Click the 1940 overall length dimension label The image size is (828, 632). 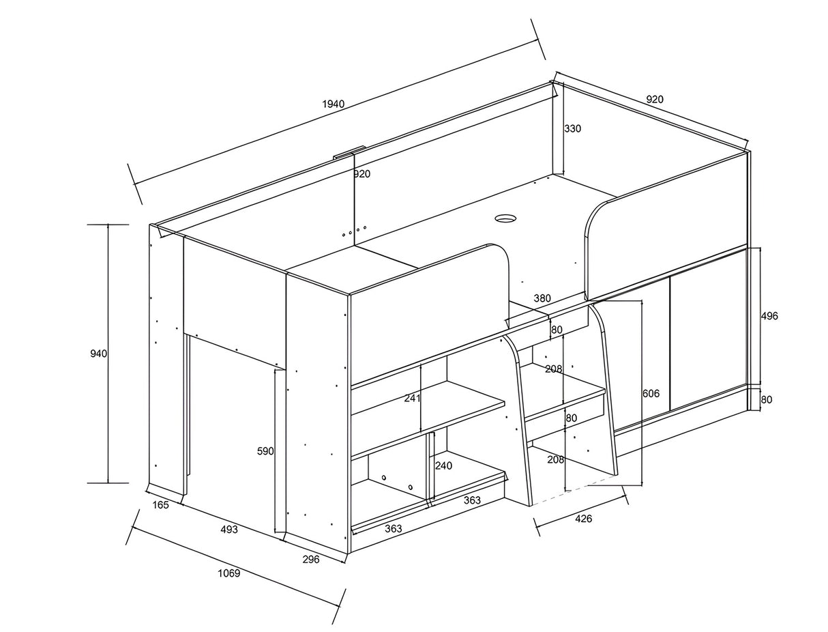coord(334,104)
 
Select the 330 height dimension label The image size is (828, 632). coord(572,128)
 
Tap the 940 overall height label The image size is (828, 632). coord(99,354)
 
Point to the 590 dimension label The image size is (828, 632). coord(265,451)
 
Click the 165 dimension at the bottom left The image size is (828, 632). coord(160,505)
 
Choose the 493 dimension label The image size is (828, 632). coord(229,529)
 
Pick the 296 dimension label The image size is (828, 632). coord(311,560)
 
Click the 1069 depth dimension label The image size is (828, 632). coord(229,573)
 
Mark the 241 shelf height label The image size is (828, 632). coord(412,398)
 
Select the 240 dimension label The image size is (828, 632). coord(443,466)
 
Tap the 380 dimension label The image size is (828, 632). coord(542,298)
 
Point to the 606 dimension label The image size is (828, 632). coord(651,393)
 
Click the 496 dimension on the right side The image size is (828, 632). coord(769,316)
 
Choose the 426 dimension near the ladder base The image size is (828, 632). coord(584,519)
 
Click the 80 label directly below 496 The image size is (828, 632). coord(767,399)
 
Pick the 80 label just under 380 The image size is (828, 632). coord(557,330)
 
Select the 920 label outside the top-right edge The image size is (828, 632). coord(655,99)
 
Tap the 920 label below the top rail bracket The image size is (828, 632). coord(362,174)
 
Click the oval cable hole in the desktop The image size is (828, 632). coord(505,218)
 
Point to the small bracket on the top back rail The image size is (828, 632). coord(349,152)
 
